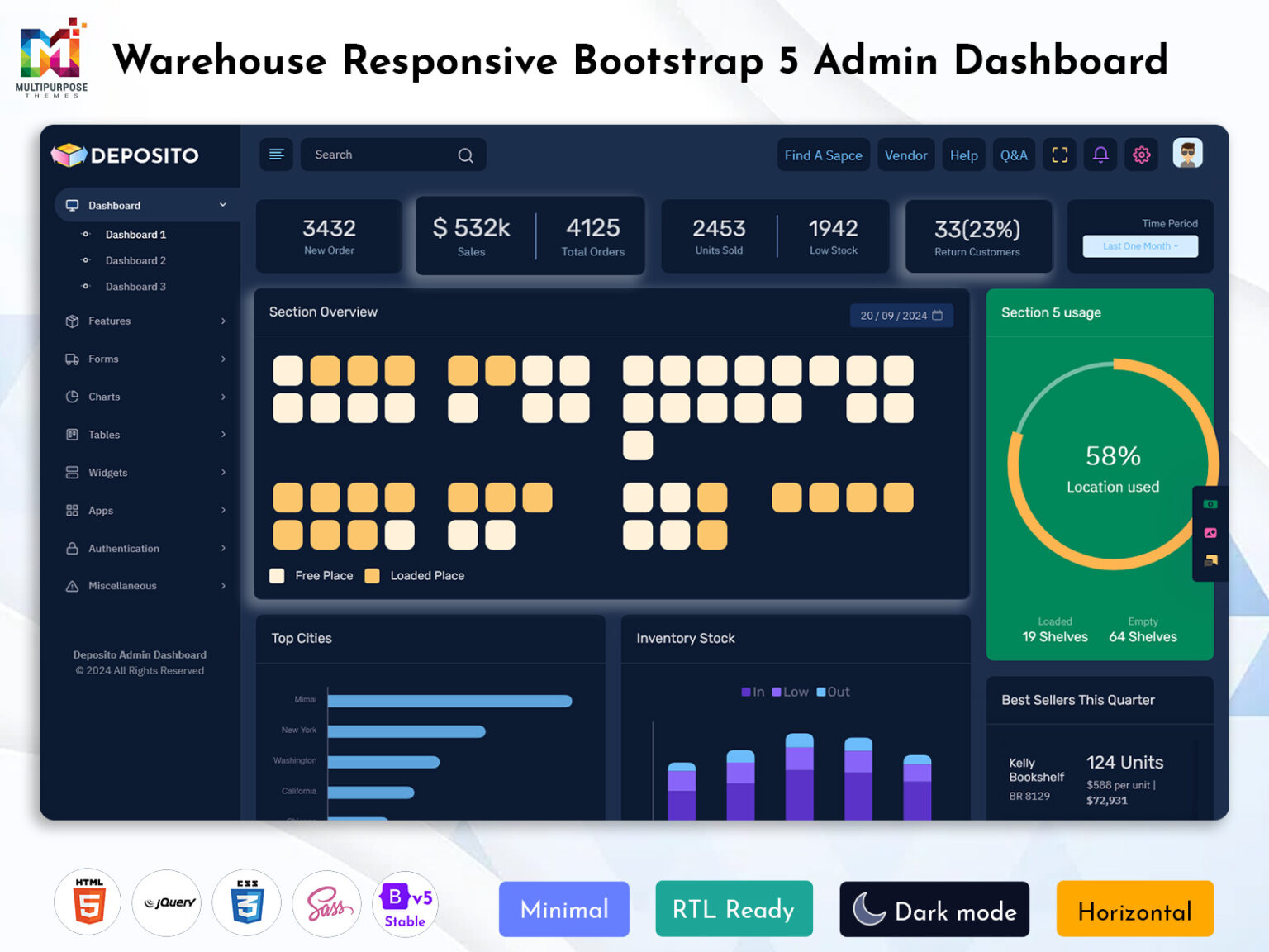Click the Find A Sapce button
[823, 155]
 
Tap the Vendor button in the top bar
[905, 155]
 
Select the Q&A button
[1013, 155]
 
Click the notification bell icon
[1100, 155]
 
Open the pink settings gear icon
[1142, 155]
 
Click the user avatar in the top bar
[1187, 154]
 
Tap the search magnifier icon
[466, 155]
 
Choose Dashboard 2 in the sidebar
[135, 260]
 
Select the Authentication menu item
[124, 548]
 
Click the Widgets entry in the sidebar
[108, 473]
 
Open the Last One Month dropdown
[1140, 246]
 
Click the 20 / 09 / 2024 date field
[901, 316]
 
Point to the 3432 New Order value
[329, 228]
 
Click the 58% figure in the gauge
[1113, 456]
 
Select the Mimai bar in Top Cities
[449, 701]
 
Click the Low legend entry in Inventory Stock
[790, 692]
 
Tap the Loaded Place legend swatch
[373, 576]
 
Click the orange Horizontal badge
[1134, 909]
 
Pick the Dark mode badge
[934, 909]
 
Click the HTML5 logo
[88, 902]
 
